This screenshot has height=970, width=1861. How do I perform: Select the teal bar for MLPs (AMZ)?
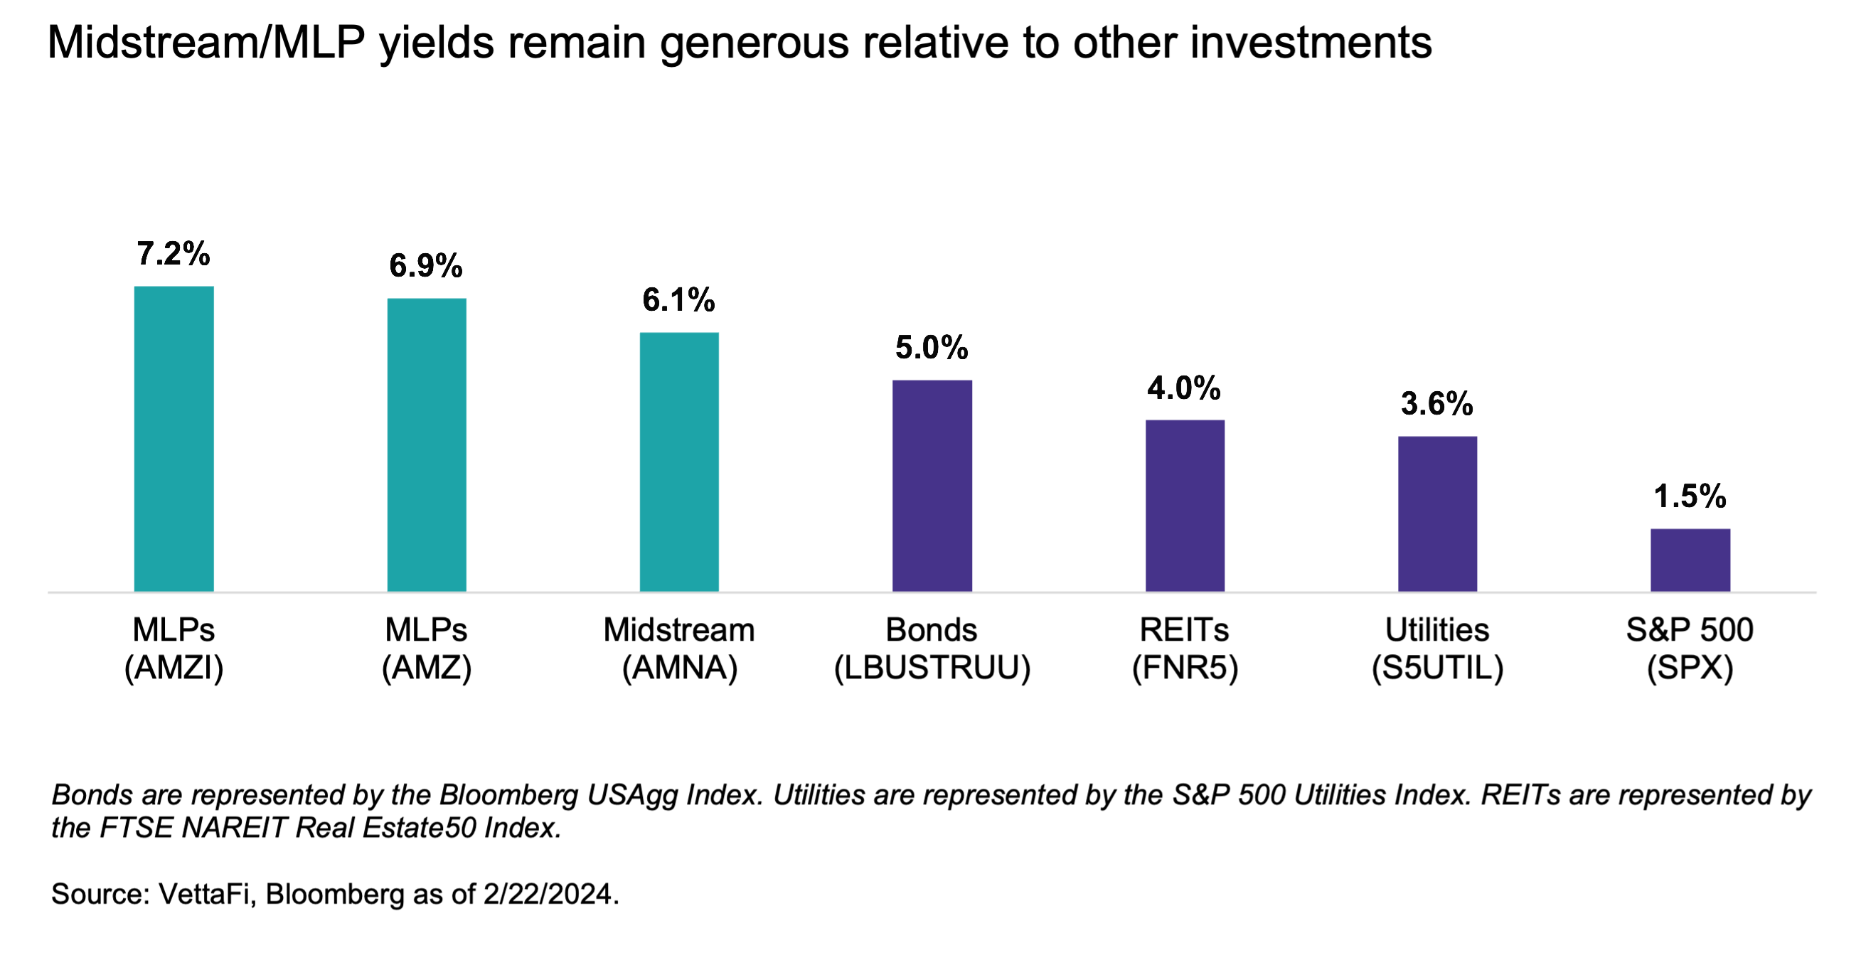pyautogui.click(x=426, y=444)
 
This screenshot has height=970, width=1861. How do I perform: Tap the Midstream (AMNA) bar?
pyautogui.click(x=679, y=462)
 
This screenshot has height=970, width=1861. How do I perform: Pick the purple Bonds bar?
pyautogui.click(x=932, y=486)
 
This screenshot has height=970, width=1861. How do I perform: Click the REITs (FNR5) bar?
pyautogui.click(x=1185, y=506)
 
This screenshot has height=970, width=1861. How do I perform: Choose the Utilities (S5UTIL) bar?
pyautogui.click(x=1437, y=513)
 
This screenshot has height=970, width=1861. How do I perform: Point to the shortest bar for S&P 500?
pyautogui.click(x=1690, y=560)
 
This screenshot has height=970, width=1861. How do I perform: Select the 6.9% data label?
pyautogui.click(x=425, y=266)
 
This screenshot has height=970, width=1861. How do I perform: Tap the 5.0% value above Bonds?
pyautogui.click(x=932, y=348)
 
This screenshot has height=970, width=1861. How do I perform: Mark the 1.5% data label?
pyautogui.click(x=1690, y=497)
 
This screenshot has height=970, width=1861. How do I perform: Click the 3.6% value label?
pyautogui.click(x=1437, y=404)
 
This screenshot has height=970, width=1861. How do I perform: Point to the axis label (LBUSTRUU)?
pyautogui.click(x=932, y=668)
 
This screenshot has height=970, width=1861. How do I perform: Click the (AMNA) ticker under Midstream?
pyautogui.click(x=679, y=668)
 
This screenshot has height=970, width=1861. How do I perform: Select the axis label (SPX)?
pyautogui.click(x=1690, y=668)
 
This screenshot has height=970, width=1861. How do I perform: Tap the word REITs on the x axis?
pyautogui.click(x=1184, y=630)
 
